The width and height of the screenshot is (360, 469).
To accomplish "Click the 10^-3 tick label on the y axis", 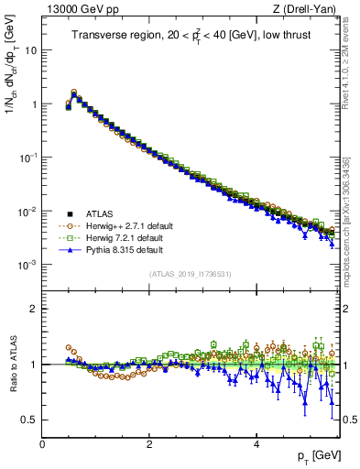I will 28,265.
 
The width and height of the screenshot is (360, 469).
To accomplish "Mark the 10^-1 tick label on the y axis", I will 28,158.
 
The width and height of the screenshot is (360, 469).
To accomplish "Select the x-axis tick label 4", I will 256,444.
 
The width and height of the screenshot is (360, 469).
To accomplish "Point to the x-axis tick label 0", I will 42,444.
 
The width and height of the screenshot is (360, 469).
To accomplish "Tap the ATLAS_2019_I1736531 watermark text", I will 191,274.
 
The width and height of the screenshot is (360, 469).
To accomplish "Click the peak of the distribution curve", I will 74,93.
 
